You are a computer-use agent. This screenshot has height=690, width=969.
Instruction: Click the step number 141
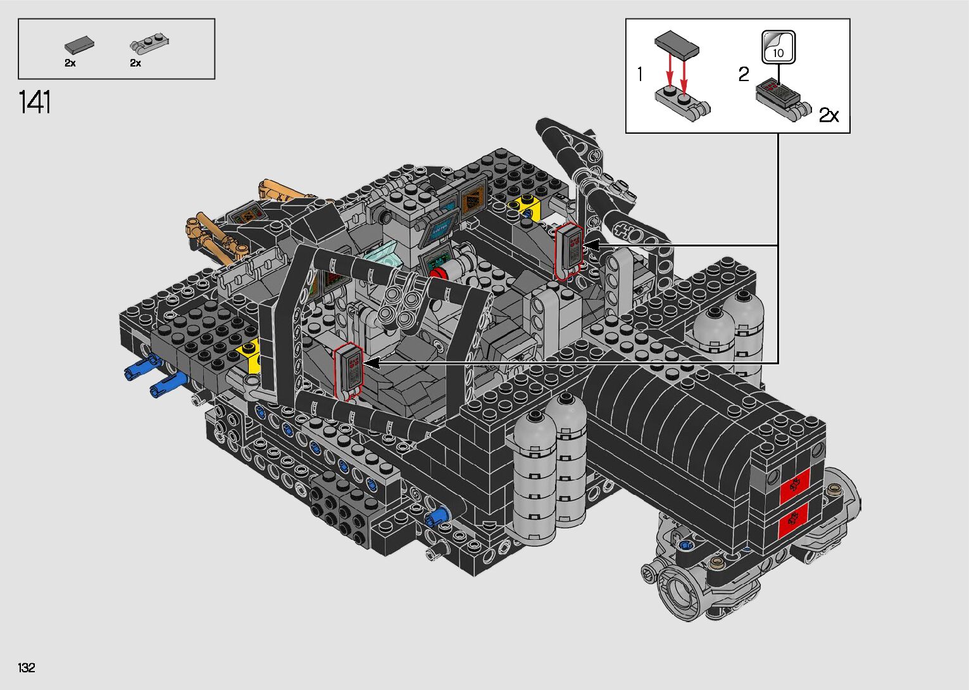(35, 102)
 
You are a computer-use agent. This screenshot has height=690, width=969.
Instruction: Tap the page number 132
(27, 667)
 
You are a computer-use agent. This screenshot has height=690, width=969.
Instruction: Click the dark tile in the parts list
(79, 44)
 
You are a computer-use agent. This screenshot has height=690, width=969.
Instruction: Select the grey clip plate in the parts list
(149, 42)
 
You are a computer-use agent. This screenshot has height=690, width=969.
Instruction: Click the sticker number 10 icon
(778, 48)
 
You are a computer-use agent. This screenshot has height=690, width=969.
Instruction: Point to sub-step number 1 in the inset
(641, 74)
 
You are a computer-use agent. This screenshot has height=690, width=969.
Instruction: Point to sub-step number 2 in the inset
(744, 74)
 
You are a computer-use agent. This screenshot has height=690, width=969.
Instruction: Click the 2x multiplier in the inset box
(829, 115)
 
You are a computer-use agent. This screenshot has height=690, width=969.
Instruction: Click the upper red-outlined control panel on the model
(569, 251)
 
